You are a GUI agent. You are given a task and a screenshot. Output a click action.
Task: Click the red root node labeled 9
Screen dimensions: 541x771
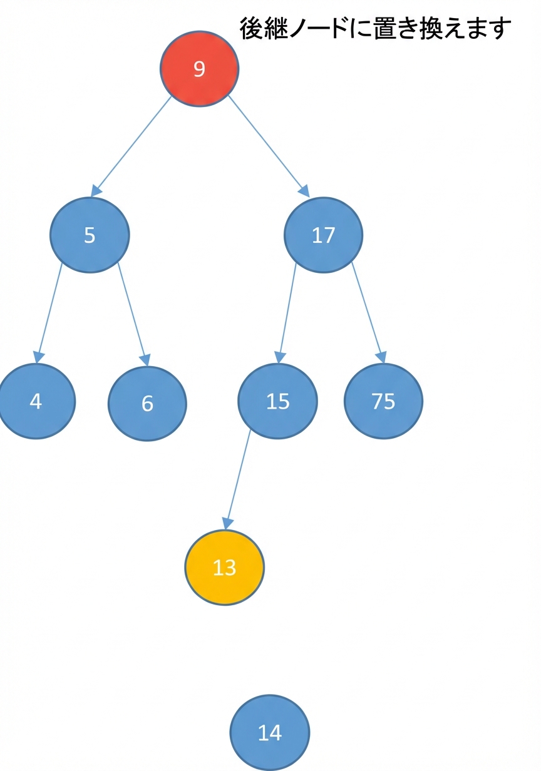click(x=199, y=68)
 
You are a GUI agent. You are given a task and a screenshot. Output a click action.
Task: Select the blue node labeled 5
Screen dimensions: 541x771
click(x=90, y=235)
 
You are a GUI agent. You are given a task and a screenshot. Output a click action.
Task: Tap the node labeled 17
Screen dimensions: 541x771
click(x=323, y=235)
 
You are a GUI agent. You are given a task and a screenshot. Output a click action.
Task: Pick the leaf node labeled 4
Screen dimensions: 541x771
click(x=36, y=401)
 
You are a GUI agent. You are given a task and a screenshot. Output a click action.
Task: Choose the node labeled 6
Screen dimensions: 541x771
click(x=147, y=404)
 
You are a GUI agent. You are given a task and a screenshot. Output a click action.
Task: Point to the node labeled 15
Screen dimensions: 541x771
click(x=277, y=401)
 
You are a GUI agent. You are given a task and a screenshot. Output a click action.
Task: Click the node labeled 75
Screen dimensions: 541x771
click(x=383, y=401)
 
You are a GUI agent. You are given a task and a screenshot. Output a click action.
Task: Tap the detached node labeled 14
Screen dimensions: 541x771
click(x=270, y=733)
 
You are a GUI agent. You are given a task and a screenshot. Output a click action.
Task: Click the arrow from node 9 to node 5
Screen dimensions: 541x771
click(x=131, y=146)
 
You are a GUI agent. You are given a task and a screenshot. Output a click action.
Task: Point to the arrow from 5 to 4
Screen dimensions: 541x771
click(x=49, y=313)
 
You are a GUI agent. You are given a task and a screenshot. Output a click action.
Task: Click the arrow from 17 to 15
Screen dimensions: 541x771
click(x=287, y=313)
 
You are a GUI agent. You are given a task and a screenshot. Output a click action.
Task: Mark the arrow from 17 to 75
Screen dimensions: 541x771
click(x=368, y=313)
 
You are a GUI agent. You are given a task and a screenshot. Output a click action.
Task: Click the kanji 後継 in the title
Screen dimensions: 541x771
click(x=264, y=28)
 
